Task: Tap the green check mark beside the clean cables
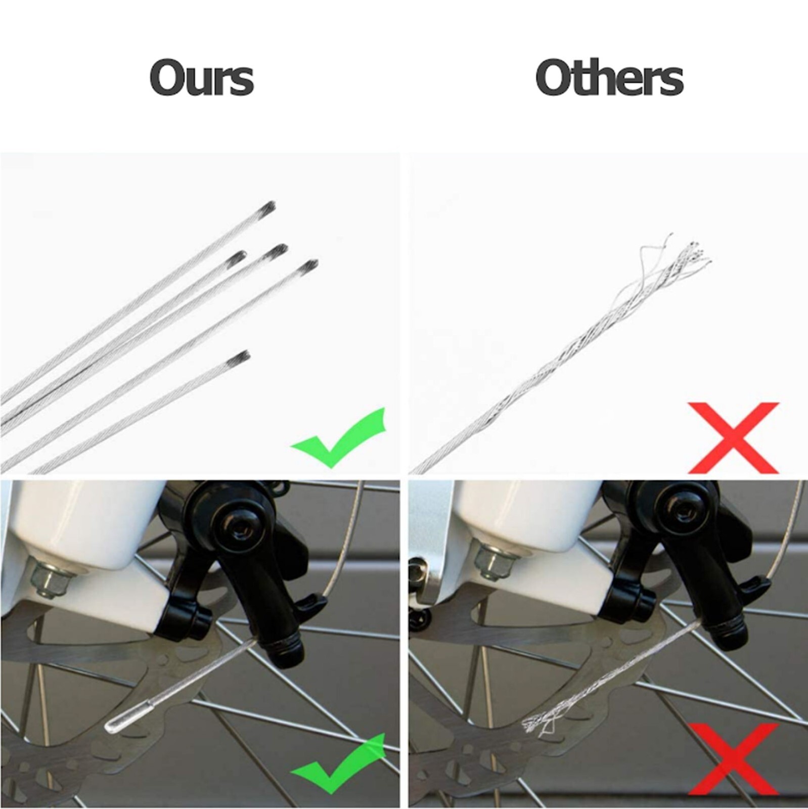(x=339, y=436)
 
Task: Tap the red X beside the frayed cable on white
(x=733, y=437)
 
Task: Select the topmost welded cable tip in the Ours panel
(x=267, y=207)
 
